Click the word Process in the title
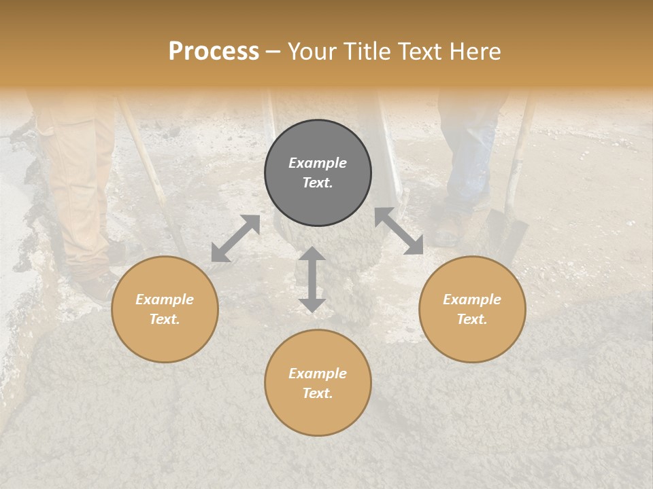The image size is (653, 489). point(214,52)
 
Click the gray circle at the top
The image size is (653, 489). point(318,173)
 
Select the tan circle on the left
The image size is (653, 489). point(165,309)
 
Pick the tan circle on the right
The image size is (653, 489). point(472,309)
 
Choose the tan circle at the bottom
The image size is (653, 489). point(318,382)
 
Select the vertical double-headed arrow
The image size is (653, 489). point(312,279)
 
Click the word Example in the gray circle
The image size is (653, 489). point(318,163)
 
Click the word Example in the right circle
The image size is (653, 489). point(472,300)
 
